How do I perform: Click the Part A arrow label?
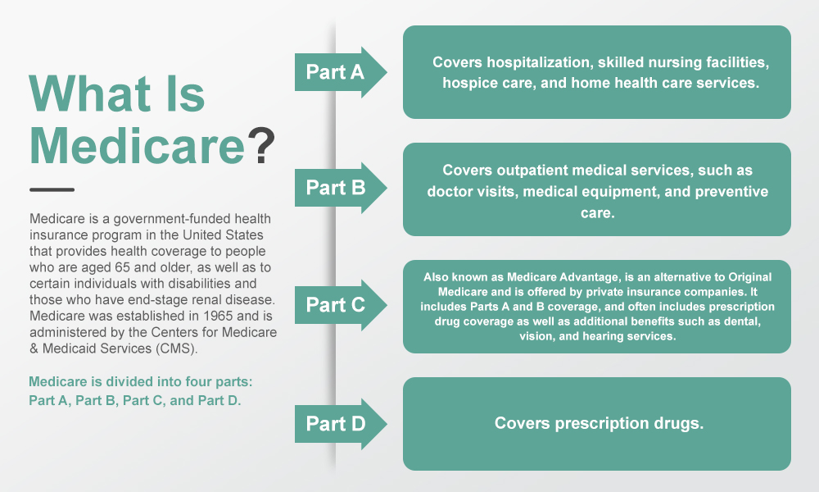(x=335, y=72)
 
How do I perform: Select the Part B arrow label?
(x=335, y=188)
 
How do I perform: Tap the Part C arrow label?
(x=335, y=305)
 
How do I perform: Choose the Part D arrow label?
(x=335, y=423)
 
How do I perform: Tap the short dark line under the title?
(x=52, y=189)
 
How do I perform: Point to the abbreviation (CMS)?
(x=177, y=348)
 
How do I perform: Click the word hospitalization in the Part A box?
(x=540, y=62)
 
